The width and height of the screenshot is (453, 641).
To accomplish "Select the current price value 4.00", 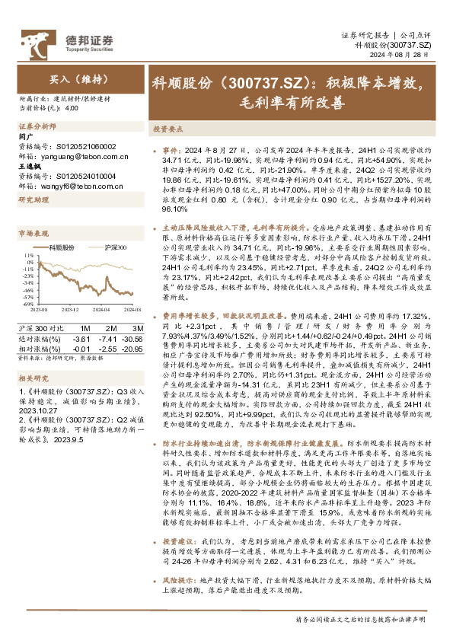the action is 72,108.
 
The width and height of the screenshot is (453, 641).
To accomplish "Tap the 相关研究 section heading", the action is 33,356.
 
